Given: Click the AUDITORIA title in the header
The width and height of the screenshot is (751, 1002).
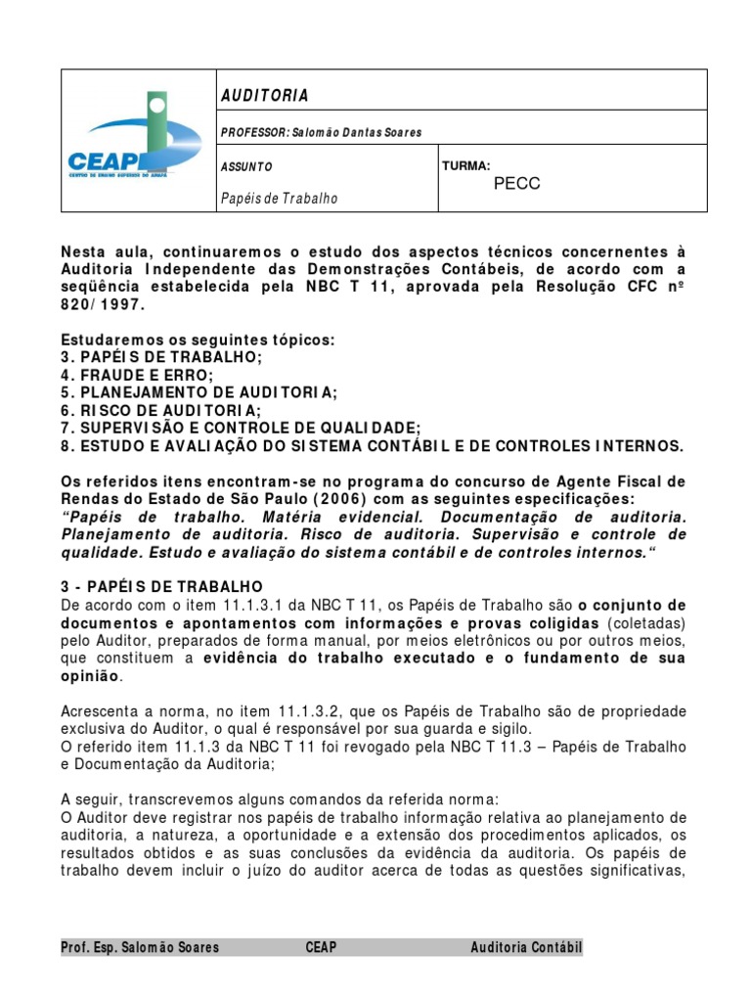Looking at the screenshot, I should pyautogui.click(x=264, y=95).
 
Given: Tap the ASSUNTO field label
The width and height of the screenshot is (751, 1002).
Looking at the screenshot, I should pyautogui.click(x=246, y=167).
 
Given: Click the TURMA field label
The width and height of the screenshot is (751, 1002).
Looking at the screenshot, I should pyautogui.click(x=465, y=166).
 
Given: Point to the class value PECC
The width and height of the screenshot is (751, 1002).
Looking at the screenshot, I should pyautogui.click(x=516, y=184).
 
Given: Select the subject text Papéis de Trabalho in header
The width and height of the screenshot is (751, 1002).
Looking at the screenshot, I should pyautogui.click(x=280, y=199).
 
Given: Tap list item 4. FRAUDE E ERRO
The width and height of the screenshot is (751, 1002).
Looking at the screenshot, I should pyautogui.click(x=136, y=375).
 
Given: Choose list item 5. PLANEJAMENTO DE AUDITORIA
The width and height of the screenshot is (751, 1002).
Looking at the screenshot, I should pyautogui.click(x=199, y=392).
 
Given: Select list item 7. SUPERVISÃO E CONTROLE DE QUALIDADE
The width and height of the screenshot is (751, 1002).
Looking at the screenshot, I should pyautogui.click(x=241, y=428).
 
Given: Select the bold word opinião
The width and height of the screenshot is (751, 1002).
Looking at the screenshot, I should pyautogui.click(x=91, y=675).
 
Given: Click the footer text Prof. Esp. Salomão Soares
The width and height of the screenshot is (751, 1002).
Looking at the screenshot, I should pyautogui.click(x=140, y=947).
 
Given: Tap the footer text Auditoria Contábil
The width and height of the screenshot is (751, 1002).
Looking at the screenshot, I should pyautogui.click(x=525, y=947).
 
